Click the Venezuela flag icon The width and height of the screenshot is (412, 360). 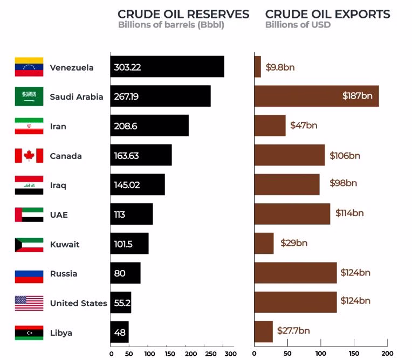(x=29, y=67)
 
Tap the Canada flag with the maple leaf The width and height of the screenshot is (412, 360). (x=29, y=156)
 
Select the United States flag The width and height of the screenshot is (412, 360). (x=29, y=303)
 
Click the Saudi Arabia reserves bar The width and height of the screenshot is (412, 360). (x=160, y=96)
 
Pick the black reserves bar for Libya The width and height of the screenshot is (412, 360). (x=120, y=332)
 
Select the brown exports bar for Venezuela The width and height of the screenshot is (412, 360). (x=257, y=67)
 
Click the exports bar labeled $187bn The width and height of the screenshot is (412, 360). (x=316, y=96)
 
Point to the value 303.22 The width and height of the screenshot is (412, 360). (x=127, y=67)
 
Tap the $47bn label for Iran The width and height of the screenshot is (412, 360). (x=304, y=126)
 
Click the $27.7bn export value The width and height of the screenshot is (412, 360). (x=293, y=330)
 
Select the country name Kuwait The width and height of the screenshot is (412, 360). (x=64, y=244)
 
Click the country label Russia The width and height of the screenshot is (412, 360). (x=64, y=274)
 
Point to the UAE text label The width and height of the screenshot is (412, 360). (x=59, y=214)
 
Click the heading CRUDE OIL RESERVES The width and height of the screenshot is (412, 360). (x=183, y=14)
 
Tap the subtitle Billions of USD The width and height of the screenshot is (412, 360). (x=298, y=25)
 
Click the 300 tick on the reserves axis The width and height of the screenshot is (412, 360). (x=230, y=354)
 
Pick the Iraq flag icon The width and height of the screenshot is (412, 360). (x=29, y=185)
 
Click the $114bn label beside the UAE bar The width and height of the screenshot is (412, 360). (x=349, y=213)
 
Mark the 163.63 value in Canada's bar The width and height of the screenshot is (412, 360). (x=126, y=156)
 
